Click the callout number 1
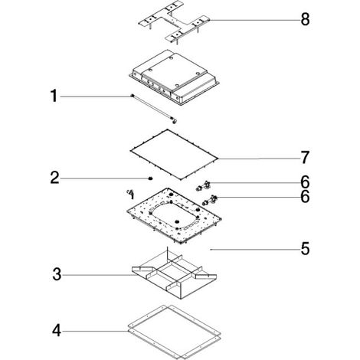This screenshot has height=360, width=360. [x=54, y=96]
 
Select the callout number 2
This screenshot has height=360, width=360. [x=55, y=178]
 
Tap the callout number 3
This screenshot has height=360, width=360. [x=57, y=274]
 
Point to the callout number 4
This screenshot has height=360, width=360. [x=57, y=331]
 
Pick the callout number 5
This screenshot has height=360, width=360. [x=305, y=249]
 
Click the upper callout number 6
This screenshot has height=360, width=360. [x=305, y=182]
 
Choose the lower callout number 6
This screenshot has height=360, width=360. [x=305, y=197]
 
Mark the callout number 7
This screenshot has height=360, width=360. [x=305, y=157]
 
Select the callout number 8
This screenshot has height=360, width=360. [x=305, y=19]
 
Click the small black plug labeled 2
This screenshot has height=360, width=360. [x=150, y=178]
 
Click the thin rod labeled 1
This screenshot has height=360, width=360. [x=154, y=109]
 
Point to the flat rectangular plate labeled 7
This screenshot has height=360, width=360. [x=174, y=154]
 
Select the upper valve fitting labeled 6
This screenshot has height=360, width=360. [x=203, y=185]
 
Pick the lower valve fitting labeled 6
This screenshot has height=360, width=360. [x=209, y=200]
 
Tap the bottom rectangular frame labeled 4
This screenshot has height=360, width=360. [x=174, y=332]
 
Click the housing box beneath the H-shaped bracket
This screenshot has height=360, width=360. [x=174, y=77]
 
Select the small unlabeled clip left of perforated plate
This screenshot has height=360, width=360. [x=131, y=194]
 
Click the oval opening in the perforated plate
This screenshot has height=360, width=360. [x=174, y=214]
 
